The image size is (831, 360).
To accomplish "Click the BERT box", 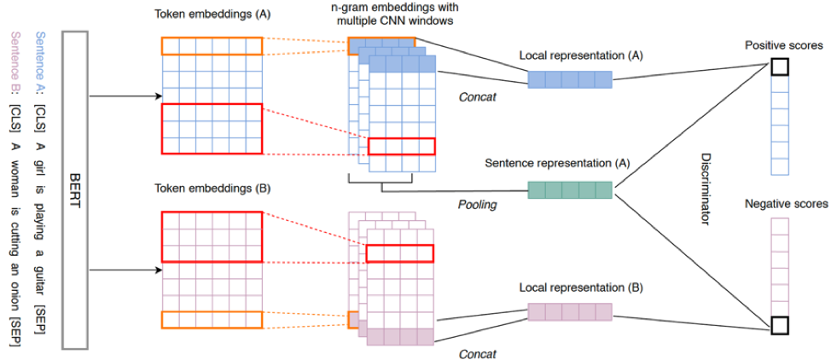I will tap(75, 189).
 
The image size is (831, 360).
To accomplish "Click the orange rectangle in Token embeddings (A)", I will tap(211, 47).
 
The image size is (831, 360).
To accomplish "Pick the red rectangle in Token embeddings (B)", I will tap(211, 236).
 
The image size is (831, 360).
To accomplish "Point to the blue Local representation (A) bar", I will tap(570, 79).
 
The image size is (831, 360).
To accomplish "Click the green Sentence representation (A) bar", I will tap(570, 189).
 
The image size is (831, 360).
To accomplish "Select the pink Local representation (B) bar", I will tap(570, 311).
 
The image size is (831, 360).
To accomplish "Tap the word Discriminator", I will tap(705, 189).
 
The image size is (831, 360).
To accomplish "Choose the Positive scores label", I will tap(779, 44).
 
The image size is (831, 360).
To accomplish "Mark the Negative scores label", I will tap(779, 205).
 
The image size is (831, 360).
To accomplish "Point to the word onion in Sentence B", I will tap(15, 284).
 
